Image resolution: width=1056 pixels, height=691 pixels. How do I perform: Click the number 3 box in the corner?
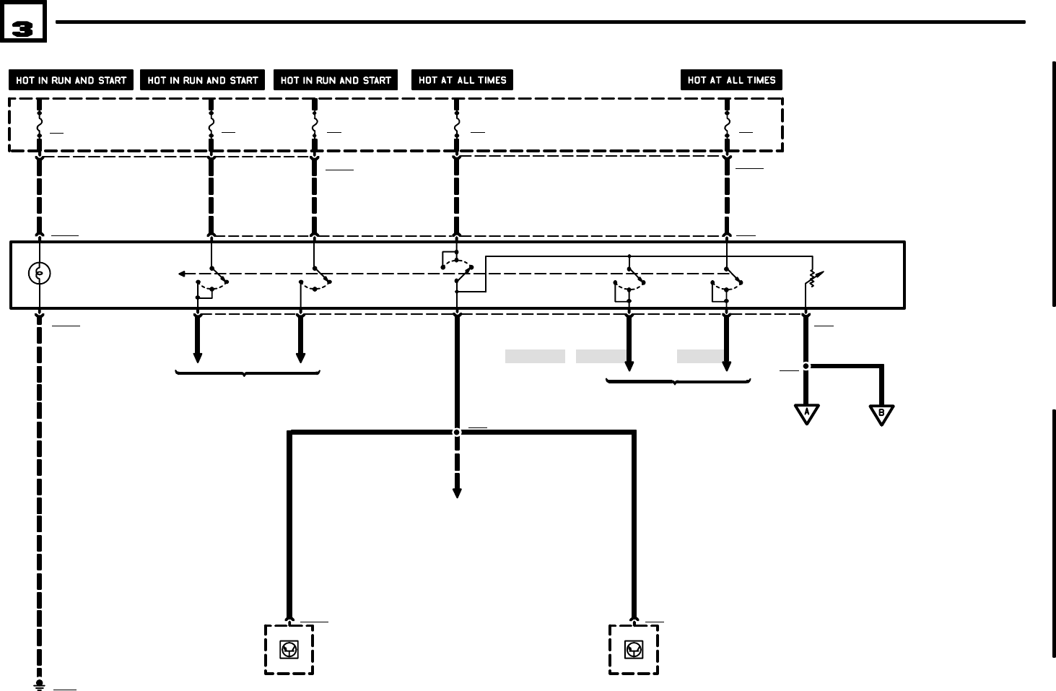[23, 22]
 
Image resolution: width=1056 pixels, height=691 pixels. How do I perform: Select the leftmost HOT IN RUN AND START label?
[71, 80]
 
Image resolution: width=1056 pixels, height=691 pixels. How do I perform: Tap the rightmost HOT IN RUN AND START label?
[336, 80]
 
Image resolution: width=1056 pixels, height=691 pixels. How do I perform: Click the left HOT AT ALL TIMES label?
[462, 80]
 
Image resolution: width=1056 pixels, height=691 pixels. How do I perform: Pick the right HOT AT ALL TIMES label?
[731, 80]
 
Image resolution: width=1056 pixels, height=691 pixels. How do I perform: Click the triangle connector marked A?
[806, 414]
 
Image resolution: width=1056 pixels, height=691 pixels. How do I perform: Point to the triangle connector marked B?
[881, 414]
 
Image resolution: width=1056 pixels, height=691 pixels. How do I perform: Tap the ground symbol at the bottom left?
[40, 684]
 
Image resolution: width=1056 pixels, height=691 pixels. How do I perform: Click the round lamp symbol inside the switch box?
[39, 273]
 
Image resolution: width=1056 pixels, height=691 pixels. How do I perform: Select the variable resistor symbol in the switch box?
[813, 278]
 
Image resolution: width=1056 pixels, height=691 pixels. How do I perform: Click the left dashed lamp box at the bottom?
[289, 650]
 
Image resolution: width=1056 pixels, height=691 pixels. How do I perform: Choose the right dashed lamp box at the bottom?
[633, 650]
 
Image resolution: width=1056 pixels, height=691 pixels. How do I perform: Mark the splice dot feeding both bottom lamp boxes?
[456, 433]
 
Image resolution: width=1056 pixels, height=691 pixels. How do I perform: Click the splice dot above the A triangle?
[806, 366]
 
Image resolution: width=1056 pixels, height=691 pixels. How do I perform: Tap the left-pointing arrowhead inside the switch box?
[182, 274]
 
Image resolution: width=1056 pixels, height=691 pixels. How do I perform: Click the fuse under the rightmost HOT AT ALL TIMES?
[727, 127]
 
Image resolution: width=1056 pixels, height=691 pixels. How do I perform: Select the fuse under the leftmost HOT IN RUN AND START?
[39, 127]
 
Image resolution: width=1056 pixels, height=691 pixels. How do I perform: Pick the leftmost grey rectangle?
[534, 356]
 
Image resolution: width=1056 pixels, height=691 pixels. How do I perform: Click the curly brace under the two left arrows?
[247, 373]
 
